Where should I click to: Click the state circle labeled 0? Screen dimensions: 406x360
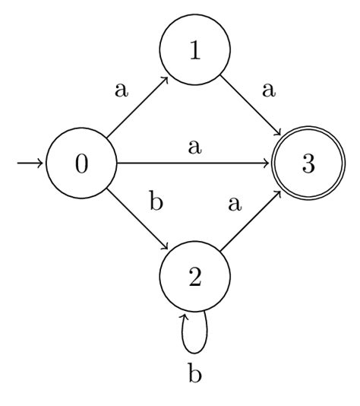click(x=81, y=163)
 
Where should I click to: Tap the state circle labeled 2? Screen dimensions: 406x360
click(x=194, y=278)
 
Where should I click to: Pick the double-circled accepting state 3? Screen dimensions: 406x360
click(x=308, y=163)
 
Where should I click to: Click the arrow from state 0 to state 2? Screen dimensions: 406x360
click(x=137, y=220)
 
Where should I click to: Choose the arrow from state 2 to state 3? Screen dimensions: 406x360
click(x=251, y=220)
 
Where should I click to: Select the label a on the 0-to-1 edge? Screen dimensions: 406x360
click(x=120, y=90)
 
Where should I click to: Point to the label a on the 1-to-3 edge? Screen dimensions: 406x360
click(x=267, y=90)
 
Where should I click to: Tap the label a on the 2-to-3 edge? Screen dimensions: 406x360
click(x=234, y=204)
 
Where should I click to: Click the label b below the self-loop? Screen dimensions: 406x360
click(x=194, y=373)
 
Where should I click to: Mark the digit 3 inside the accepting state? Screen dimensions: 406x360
click(x=308, y=163)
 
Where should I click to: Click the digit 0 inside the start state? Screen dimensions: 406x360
click(x=81, y=163)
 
